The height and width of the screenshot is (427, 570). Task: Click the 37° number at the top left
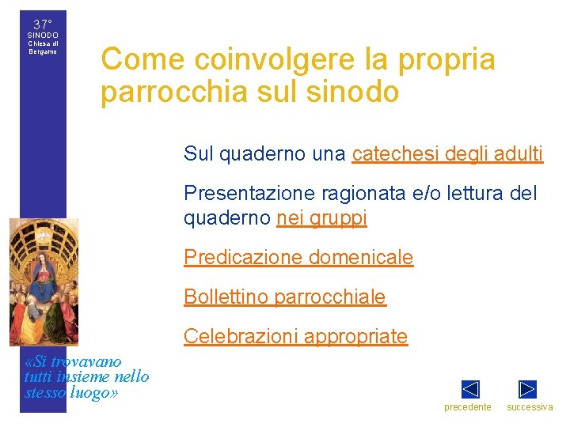coord(43,25)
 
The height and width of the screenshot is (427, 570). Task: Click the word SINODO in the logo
coord(43,36)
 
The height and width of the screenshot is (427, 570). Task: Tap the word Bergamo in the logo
coord(43,51)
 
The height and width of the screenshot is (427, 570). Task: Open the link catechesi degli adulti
coord(447,154)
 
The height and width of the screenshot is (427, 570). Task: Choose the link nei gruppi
coord(321,218)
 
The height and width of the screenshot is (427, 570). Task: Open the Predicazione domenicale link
coord(298,258)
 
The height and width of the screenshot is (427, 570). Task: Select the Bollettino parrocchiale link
coord(285,297)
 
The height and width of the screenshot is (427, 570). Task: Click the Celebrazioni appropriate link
coord(295,337)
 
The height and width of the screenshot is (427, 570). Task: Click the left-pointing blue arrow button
coord(470,389)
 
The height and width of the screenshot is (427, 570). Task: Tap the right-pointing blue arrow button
coord(527,389)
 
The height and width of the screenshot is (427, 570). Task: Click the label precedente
coord(467,407)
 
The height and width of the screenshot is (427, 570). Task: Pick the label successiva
coord(530,407)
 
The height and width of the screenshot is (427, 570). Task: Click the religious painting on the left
coord(44,282)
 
